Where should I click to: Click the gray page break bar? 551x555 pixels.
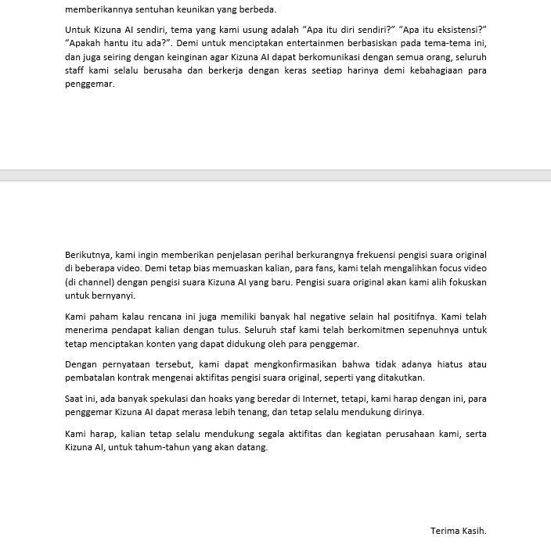(x=275, y=175)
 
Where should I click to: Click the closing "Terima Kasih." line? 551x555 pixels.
(x=459, y=531)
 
